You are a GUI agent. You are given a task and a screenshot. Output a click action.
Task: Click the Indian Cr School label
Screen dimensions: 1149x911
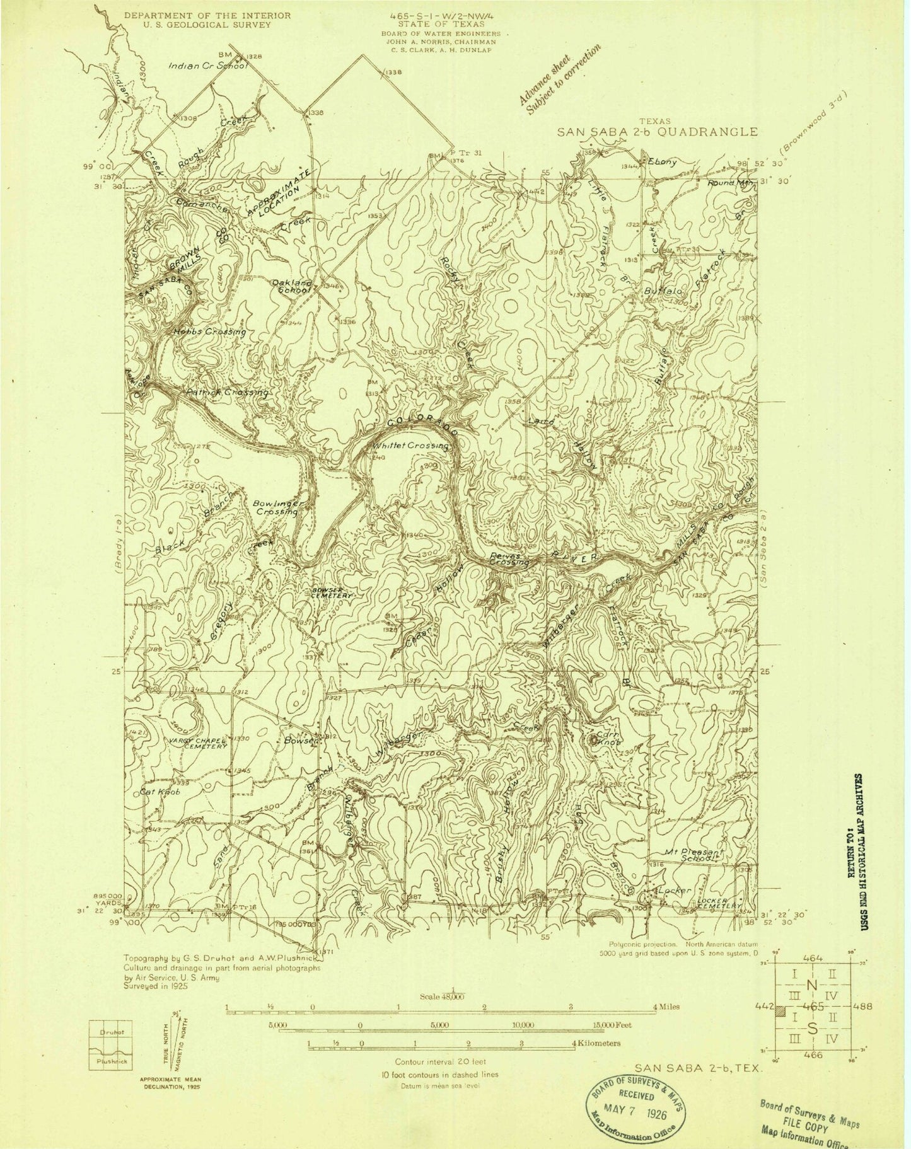[x=206, y=66]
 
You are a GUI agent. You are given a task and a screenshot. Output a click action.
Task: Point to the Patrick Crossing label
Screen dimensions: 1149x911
[x=228, y=392]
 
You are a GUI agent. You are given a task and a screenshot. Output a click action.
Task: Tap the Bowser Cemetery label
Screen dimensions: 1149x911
[x=332, y=593]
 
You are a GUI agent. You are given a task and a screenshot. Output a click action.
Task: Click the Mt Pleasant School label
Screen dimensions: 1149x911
[x=693, y=855]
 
